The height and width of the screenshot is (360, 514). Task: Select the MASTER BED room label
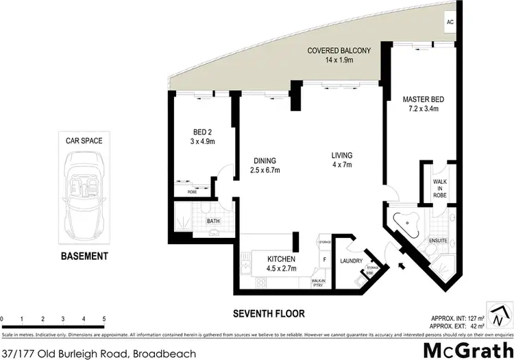click(421, 104)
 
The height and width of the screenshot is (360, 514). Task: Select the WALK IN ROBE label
click(439, 187)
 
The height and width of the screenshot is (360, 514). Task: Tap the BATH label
click(214, 221)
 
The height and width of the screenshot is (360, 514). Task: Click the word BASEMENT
click(84, 256)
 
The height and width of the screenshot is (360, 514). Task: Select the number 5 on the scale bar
click(103, 320)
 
